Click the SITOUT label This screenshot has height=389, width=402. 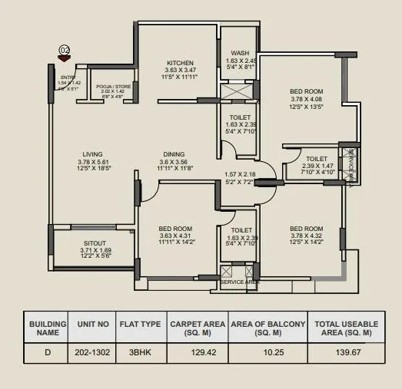click(95, 242)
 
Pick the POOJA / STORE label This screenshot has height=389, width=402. click(113, 87)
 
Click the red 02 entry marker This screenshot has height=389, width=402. click(65, 53)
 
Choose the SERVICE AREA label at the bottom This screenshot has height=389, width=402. click(240, 282)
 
